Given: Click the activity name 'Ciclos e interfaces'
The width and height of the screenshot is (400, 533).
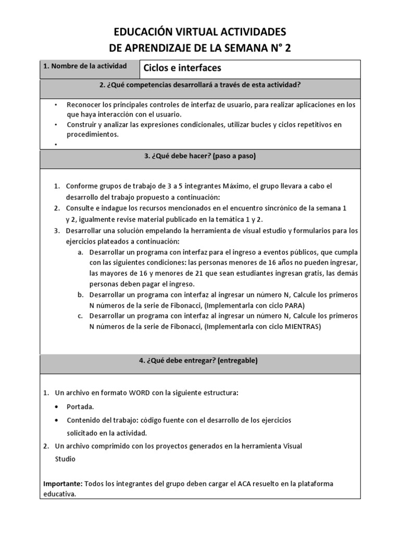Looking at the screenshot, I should coord(182,68).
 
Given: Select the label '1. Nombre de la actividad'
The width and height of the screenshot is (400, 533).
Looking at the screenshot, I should coord(85,67).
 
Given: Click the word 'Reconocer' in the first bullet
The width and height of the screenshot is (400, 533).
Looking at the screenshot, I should coord(83,105).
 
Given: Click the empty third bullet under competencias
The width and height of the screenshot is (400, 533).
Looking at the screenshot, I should coord(56,144).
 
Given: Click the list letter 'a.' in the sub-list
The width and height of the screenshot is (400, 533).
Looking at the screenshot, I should coord(80,251).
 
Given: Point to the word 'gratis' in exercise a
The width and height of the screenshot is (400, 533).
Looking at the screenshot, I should coord(295,273).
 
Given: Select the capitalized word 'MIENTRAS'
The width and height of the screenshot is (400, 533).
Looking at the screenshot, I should coord(302,326).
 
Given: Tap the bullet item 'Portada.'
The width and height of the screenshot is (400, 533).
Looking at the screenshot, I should coord(81,407).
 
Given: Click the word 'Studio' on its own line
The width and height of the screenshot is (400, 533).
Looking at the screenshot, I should coord(65,459).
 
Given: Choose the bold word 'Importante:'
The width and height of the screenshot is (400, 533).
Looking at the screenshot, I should coord(63,484).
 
